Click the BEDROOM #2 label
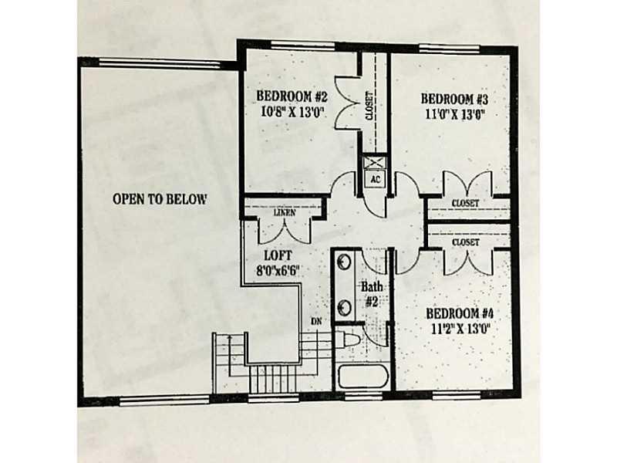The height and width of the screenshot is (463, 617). (292, 96)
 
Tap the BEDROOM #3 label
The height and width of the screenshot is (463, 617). (454, 99)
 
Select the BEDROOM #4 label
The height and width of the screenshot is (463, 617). (460, 314)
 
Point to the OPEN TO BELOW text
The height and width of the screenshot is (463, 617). (160, 199)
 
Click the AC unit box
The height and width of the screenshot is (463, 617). (375, 179)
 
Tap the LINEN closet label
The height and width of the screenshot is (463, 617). (285, 213)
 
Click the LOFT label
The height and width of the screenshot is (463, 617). (278, 255)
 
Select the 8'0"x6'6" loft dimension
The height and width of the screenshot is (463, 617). (278, 271)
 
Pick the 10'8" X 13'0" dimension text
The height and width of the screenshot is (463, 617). (292, 112)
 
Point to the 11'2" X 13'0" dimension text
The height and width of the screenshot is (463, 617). (460, 330)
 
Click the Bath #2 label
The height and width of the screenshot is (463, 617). (372, 294)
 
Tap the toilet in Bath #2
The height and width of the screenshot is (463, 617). (347, 340)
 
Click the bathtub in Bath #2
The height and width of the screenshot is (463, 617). (363, 377)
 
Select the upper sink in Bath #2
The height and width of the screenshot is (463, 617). (344, 262)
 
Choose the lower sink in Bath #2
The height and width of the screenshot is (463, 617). (344, 307)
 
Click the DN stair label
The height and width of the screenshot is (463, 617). (316, 322)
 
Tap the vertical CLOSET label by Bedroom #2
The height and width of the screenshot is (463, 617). (369, 106)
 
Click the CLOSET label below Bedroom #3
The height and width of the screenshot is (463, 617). (466, 204)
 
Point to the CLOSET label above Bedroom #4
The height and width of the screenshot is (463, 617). (466, 242)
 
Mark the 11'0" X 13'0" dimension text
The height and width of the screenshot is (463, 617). (454, 114)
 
